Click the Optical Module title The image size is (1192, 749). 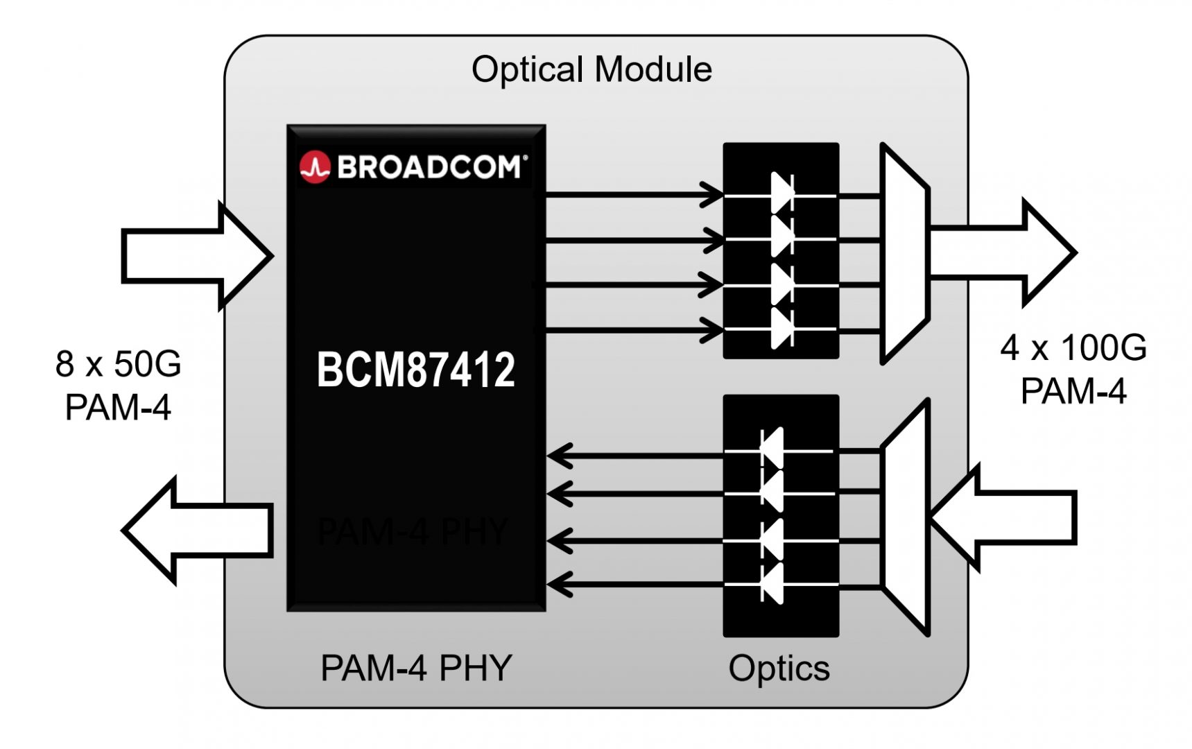(x=591, y=69)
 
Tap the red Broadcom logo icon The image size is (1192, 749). (x=315, y=167)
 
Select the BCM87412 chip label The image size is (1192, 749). (x=416, y=369)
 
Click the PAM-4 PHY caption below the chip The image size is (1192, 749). (x=416, y=668)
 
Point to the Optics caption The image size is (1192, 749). (x=779, y=668)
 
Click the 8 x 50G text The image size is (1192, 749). (x=118, y=363)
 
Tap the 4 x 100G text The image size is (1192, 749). (x=1073, y=347)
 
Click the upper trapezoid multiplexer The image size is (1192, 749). (x=904, y=254)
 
